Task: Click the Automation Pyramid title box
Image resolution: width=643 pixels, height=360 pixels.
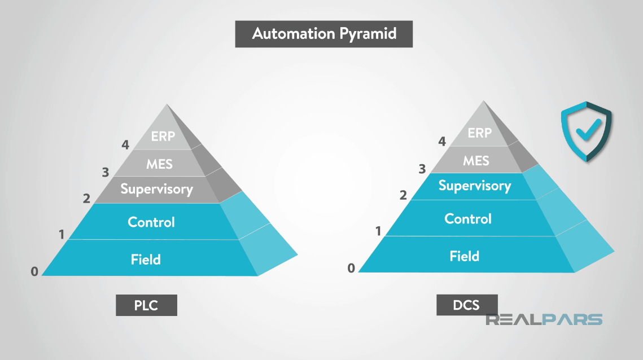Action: (x=323, y=34)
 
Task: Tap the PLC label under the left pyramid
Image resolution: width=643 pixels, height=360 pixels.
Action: (x=146, y=305)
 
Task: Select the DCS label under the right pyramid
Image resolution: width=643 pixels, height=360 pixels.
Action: (x=466, y=305)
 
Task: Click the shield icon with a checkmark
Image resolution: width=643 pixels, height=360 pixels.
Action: (x=586, y=131)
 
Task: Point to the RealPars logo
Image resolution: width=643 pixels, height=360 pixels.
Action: (x=544, y=319)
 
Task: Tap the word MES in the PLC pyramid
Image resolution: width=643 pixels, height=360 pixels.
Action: (x=159, y=164)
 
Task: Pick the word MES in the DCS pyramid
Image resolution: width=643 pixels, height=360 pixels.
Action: (x=476, y=161)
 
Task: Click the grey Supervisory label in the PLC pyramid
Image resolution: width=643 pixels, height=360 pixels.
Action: (x=157, y=189)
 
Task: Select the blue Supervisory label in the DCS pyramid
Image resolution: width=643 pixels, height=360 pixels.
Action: (x=475, y=186)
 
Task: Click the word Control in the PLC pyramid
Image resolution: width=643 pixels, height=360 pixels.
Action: (x=151, y=222)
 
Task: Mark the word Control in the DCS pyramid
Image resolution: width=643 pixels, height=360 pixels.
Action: (x=468, y=219)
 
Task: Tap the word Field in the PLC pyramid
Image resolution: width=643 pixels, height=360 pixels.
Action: (x=146, y=260)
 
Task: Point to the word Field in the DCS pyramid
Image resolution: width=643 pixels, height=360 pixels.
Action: (x=464, y=256)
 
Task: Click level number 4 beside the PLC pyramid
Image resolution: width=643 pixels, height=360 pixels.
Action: (x=125, y=145)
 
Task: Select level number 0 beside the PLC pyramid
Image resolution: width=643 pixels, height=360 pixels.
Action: (x=34, y=271)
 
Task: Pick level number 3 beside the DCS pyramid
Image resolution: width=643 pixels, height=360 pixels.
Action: (x=422, y=168)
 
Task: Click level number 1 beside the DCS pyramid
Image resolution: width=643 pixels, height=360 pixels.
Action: (x=378, y=230)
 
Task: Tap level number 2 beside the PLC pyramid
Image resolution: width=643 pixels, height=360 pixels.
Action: (x=86, y=198)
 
